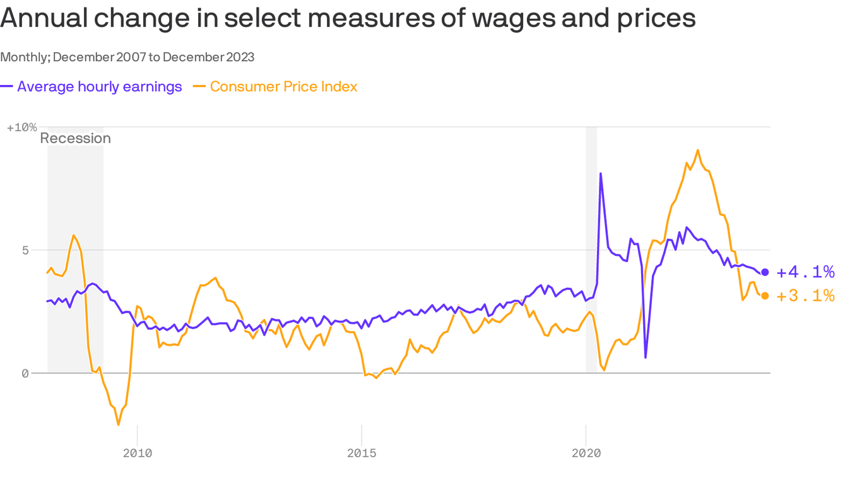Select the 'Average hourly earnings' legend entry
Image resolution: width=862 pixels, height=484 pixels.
pyautogui.click(x=99, y=86)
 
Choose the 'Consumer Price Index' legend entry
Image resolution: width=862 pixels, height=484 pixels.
pyautogui.click(x=283, y=86)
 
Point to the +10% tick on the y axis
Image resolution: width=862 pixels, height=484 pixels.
pyautogui.click(x=21, y=127)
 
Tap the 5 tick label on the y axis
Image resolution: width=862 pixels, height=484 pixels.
pyautogui.click(x=25, y=250)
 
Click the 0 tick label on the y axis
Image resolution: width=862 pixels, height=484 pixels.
pyautogui.click(x=25, y=373)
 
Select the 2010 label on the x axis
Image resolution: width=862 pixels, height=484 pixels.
pyautogui.click(x=137, y=453)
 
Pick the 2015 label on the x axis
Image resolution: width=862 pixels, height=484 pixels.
pyautogui.click(x=362, y=453)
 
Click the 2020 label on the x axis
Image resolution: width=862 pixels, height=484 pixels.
pyautogui.click(x=586, y=453)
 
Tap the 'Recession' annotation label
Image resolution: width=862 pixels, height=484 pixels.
pyautogui.click(x=75, y=138)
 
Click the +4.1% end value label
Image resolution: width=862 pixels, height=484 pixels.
pyautogui.click(x=805, y=272)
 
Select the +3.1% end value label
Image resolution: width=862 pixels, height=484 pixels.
pyautogui.click(x=805, y=296)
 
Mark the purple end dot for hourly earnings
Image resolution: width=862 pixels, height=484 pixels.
pyautogui.click(x=765, y=272)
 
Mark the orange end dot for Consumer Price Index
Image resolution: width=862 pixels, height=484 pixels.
pyautogui.click(x=765, y=296)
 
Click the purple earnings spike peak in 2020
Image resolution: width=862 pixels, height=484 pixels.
pyautogui.click(x=600, y=173)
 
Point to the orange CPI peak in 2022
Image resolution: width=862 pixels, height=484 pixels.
pyautogui.click(x=697, y=150)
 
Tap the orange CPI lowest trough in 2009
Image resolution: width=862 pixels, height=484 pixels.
pyautogui.click(x=118, y=425)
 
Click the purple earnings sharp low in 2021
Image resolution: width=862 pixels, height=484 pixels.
pyautogui.click(x=646, y=357)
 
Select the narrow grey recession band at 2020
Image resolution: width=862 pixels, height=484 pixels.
pyautogui.click(x=591, y=252)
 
